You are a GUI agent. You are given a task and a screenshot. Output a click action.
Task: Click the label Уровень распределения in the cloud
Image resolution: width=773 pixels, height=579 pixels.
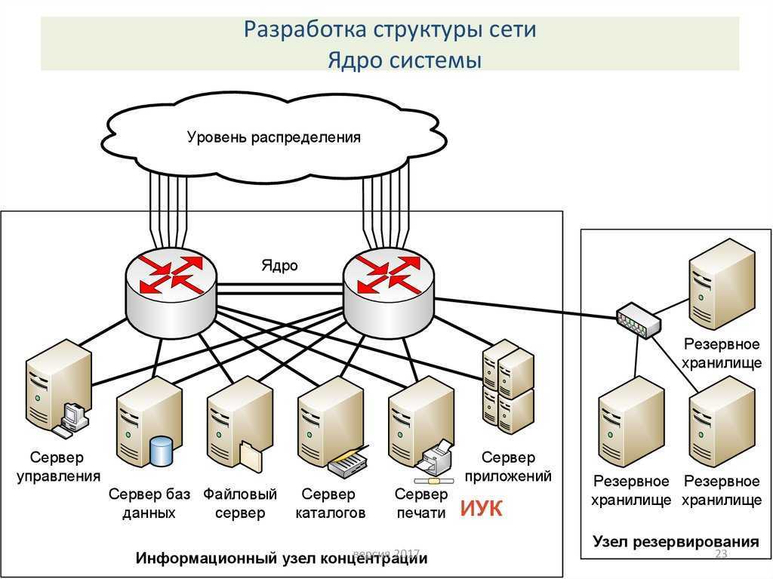tap(273, 137)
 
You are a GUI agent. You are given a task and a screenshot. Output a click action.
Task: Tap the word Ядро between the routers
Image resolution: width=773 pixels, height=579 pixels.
tap(279, 265)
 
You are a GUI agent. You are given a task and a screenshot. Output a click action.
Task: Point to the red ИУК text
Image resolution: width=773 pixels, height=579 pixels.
tap(481, 509)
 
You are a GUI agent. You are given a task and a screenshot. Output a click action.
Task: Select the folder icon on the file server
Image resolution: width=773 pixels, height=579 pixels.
tap(251, 456)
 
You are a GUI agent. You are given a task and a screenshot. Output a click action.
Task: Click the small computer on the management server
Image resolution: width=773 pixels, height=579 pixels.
tap(72, 420)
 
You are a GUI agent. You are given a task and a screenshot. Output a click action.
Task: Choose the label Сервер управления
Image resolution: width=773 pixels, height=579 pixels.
tap(58, 467)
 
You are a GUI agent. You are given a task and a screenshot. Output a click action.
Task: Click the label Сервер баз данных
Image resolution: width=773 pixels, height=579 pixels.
tap(149, 503)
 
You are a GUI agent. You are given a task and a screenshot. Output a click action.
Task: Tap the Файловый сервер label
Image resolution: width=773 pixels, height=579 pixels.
tap(240, 503)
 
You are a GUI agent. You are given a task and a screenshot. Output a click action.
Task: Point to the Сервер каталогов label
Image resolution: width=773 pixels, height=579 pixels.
tap(330, 503)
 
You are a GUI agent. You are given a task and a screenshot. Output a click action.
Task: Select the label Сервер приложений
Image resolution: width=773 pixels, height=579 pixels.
tap(508, 467)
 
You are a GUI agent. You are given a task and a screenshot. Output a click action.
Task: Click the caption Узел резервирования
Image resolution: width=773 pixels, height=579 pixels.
tap(676, 541)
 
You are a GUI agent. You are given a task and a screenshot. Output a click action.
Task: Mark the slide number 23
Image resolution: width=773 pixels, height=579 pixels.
tap(721, 554)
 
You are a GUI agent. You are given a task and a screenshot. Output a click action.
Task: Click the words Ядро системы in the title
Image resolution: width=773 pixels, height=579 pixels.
tap(405, 60)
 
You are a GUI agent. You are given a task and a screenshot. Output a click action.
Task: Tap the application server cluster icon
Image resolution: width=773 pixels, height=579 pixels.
tap(508, 387)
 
